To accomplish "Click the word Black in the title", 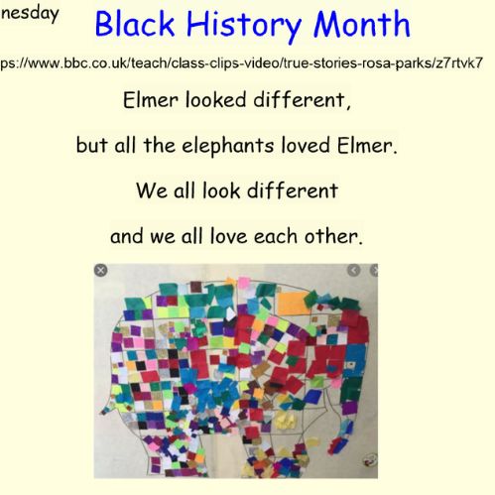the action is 135,24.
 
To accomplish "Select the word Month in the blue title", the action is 362,24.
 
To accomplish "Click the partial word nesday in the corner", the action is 30,14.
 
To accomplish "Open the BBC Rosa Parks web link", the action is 242,62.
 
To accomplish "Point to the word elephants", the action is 228,146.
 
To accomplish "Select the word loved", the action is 306,145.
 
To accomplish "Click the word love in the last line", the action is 229,237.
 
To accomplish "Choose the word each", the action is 276,236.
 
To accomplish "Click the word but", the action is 91,145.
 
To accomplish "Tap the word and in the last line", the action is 127,237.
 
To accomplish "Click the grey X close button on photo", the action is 100,271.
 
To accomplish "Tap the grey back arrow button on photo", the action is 353,270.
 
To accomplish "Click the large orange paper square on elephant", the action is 293,303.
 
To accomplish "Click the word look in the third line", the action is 221,190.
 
